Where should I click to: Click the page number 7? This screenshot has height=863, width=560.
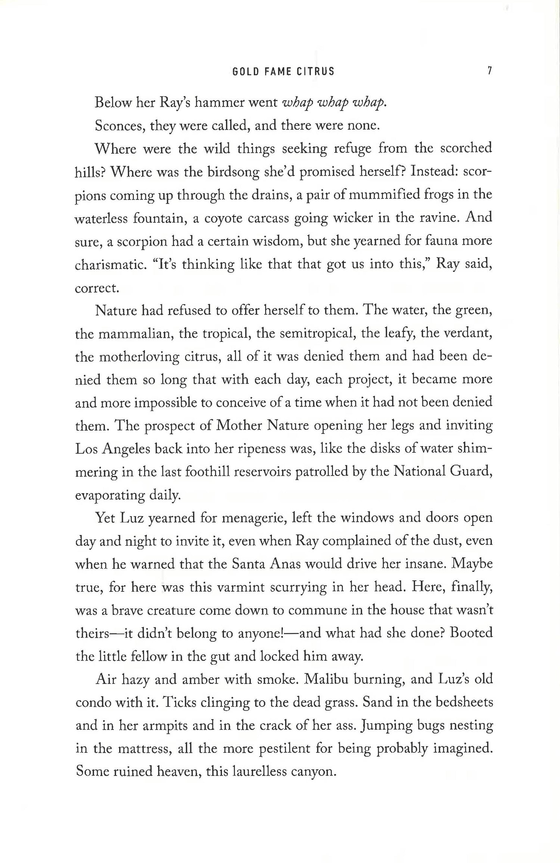click(x=489, y=71)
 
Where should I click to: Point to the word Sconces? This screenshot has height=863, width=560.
click(x=119, y=126)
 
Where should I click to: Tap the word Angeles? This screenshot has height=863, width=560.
click(x=126, y=449)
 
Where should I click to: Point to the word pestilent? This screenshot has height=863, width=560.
click(x=285, y=749)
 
